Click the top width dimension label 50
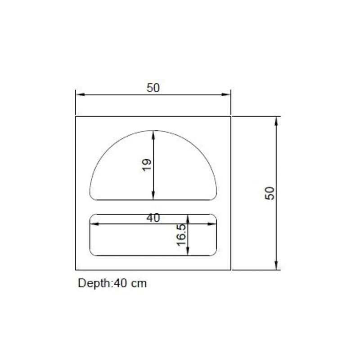pos(153,88)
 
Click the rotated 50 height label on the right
pos(270,193)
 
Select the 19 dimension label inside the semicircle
pos(147,165)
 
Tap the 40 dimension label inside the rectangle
pos(153,218)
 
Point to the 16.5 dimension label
pos(181,235)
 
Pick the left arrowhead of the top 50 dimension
pos(80,94)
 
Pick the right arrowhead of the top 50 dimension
pos(226,94)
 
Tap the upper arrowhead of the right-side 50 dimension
pos(276,121)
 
